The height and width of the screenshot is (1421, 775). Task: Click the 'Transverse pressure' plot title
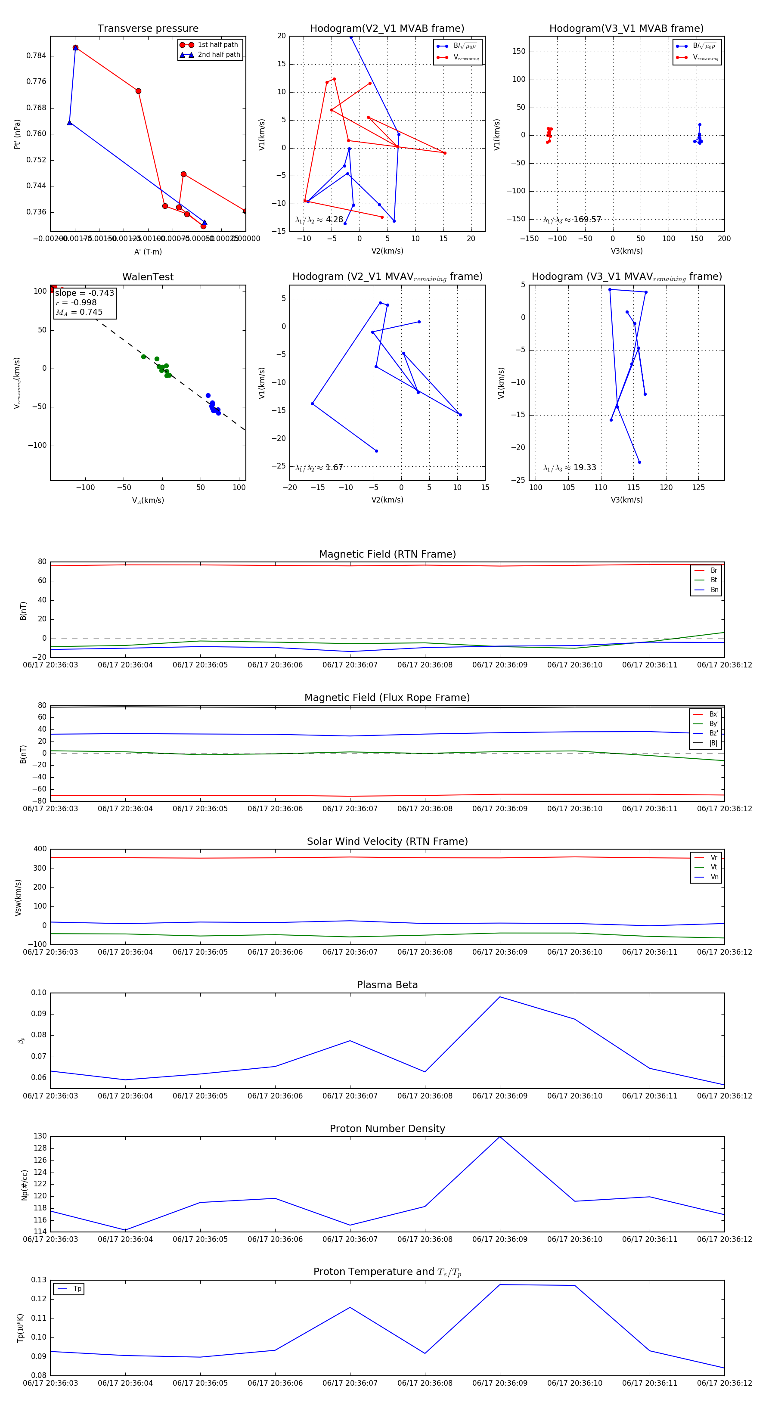click(148, 29)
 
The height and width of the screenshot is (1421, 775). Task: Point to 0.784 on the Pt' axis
click(37, 56)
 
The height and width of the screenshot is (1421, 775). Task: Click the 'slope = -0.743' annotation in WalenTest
click(84, 293)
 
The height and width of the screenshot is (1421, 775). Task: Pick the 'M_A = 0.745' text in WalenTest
click(79, 312)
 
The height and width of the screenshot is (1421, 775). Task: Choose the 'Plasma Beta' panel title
click(387, 985)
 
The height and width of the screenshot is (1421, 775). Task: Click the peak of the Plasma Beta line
click(500, 997)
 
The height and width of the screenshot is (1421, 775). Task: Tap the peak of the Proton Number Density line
click(500, 1137)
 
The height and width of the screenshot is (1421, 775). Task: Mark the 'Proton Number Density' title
click(387, 1129)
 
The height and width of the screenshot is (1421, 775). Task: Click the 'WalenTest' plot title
click(148, 277)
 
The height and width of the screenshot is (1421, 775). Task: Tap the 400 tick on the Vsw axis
click(40, 849)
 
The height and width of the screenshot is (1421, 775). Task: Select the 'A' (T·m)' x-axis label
click(148, 251)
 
